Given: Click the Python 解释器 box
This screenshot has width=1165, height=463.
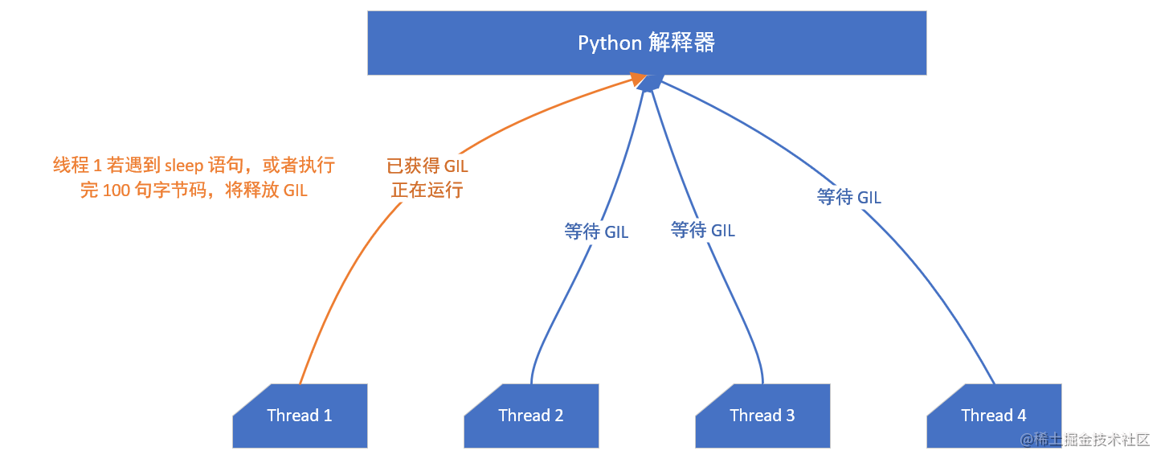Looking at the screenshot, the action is pos(647,43).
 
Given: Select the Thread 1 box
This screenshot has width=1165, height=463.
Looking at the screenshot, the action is pos(300,416).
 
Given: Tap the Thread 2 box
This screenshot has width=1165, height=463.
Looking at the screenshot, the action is pos(532,416).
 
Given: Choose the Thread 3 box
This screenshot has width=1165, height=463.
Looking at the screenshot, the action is pos(763,416).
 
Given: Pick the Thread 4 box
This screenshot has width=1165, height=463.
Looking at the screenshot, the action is pos(995,416).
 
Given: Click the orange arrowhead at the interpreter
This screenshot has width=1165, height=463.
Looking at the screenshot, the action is pos(639,80).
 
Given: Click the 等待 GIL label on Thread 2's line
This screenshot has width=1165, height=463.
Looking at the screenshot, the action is pos(596,231).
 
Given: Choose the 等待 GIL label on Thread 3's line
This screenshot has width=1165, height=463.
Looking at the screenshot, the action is pos(703,230).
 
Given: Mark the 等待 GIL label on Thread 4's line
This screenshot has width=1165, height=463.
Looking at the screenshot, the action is pos(849,197).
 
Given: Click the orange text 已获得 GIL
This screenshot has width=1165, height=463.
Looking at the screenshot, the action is pos(427,166).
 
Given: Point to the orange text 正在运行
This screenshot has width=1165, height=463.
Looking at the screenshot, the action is pos(427,190).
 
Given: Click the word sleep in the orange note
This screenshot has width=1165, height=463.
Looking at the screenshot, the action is pos(184,166).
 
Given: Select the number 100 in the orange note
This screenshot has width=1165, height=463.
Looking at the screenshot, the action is pos(117,191).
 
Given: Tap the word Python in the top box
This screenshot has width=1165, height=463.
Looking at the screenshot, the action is pos(610,43).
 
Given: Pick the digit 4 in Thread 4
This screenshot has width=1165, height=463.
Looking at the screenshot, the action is pos(1022,415).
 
